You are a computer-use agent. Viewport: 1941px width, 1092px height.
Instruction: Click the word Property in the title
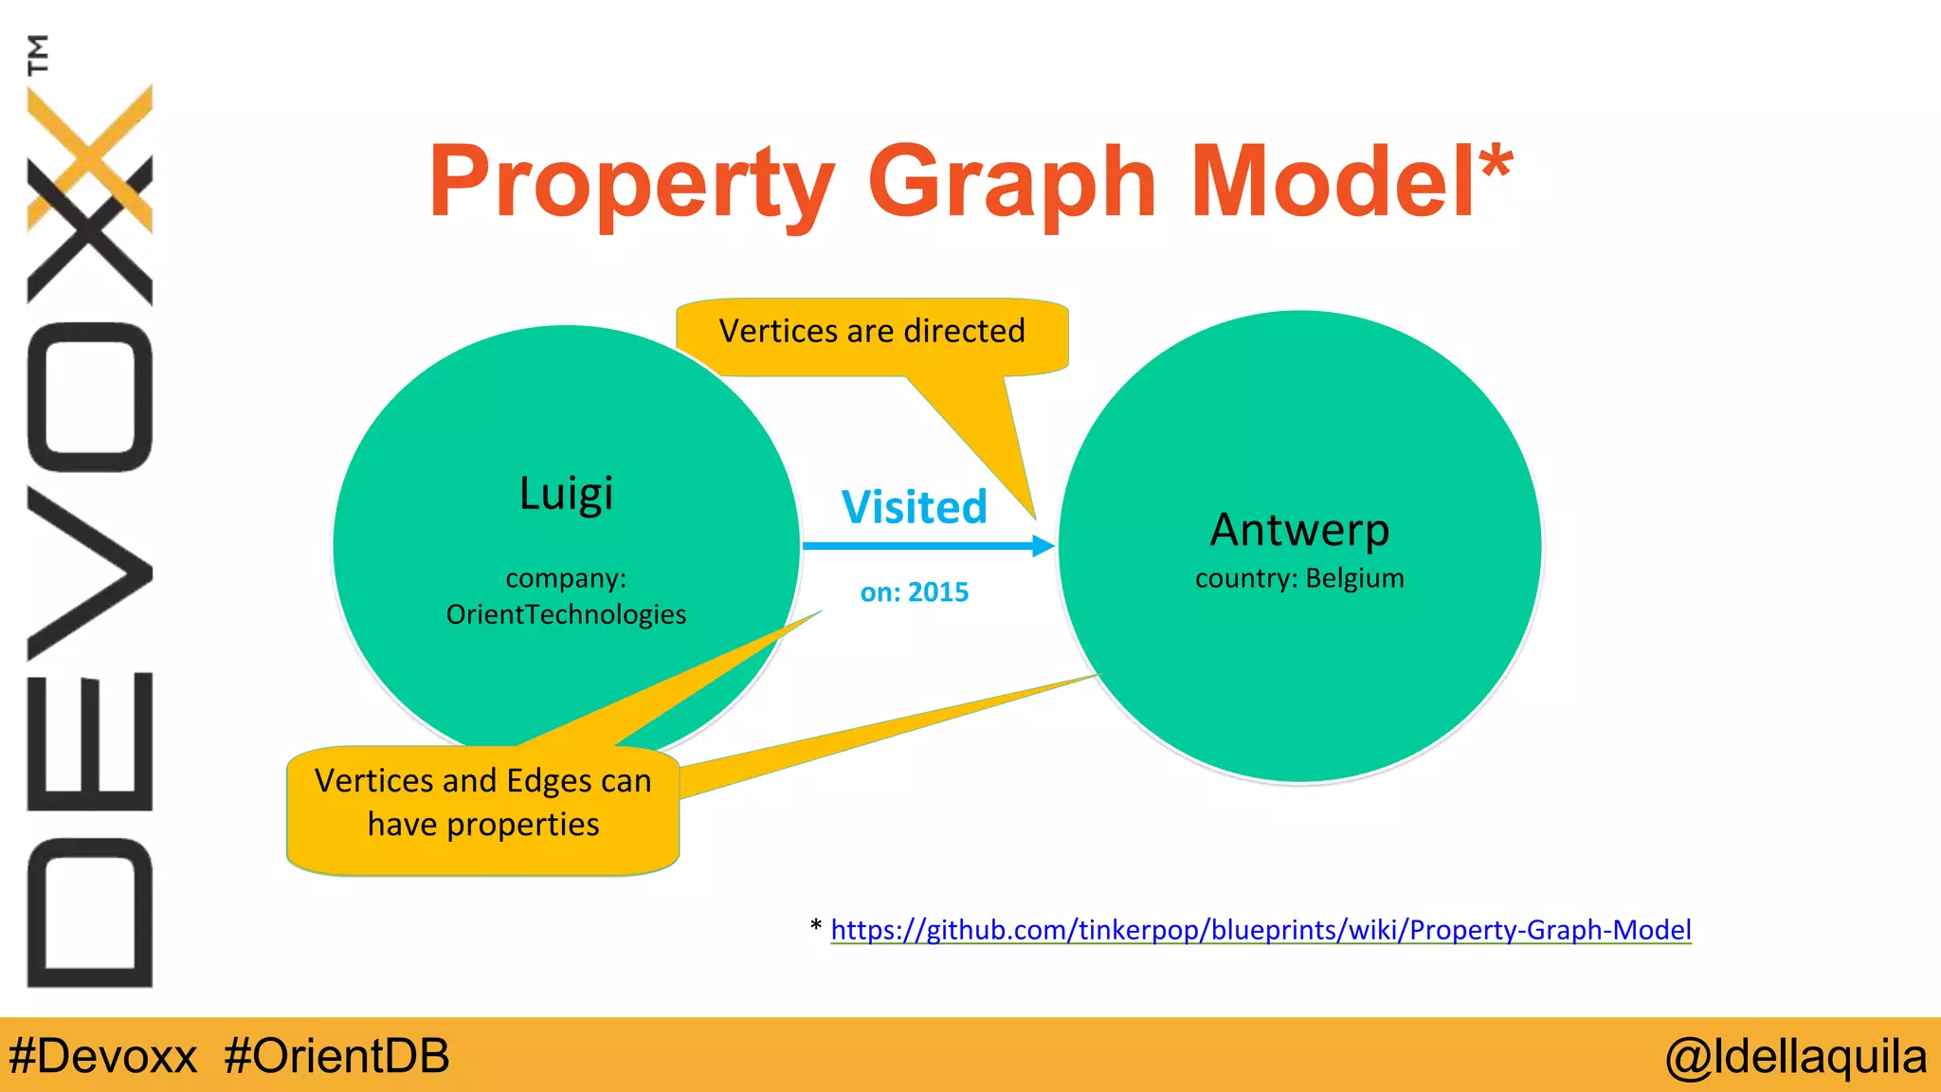point(630,182)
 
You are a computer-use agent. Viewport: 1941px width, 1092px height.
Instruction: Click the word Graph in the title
point(1011,182)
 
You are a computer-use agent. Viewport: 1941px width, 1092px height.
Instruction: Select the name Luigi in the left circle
point(566,494)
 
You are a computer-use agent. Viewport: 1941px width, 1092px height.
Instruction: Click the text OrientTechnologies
point(566,614)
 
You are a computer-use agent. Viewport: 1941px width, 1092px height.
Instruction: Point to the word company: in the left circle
point(566,577)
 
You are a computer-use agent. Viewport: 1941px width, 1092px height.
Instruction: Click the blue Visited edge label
point(914,507)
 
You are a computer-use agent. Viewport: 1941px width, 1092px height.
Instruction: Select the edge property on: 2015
point(914,592)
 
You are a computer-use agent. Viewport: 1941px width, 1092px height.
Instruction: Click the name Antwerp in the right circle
point(1299,530)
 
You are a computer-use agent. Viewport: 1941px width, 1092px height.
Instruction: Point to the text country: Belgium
point(1299,578)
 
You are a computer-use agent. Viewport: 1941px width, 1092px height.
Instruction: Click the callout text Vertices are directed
point(872,332)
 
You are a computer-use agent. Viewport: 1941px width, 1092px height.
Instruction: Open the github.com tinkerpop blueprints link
point(1261,930)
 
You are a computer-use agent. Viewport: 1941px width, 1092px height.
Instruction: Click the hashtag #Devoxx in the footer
point(103,1056)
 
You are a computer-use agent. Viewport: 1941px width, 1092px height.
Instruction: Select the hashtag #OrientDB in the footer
point(336,1056)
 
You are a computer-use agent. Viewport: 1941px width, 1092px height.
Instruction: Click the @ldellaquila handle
point(1796,1056)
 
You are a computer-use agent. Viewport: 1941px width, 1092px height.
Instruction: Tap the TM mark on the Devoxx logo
point(38,54)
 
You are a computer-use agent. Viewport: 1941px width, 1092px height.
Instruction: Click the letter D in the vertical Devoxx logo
point(90,913)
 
